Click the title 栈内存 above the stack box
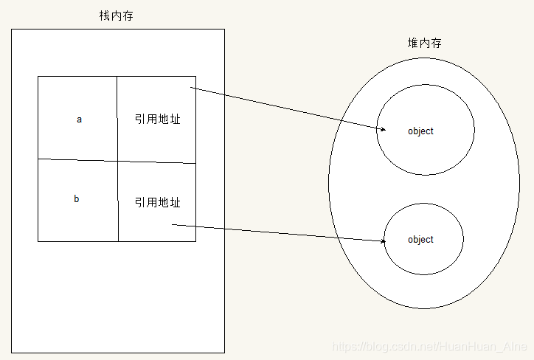pyautogui.click(x=117, y=15)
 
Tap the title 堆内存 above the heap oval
pyautogui.click(x=426, y=44)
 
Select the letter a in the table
pyautogui.click(x=79, y=119)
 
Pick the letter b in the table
pyautogui.click(x=77, y=199)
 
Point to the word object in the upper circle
pyautogui.click(x=420, y=131)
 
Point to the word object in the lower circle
pyautogui.click(x=420, y=240)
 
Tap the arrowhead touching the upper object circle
pyautogui.click(x=383, y=130)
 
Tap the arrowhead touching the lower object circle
pyautogui.click(x=383, y=241)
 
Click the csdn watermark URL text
pyautogui.click(x=429, y=347)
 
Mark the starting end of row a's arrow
pyautogui.click(x=192, y=89)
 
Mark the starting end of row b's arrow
pyautogui.click(x=173, y=225)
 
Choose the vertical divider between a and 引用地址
pyautogui.click(x=117, y=118)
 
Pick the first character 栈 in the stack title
pyautogui.click(x=104, y=15)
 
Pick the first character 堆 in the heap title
pyautogui.click(x=413, y=44)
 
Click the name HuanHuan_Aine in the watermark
pyautogui.click(x=491, y=347)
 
